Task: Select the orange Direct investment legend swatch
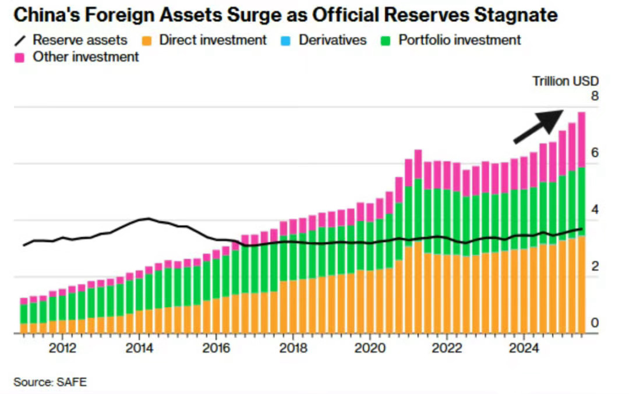pos(149,41)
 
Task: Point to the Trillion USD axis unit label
pos(565,81)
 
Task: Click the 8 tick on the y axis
pos(594,96)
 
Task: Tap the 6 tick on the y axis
pos(594,152)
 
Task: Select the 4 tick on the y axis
pos(594,210)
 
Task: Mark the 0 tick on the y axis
pos(594,323)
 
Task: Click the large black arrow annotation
pos(539,125)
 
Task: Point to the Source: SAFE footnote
pos(50,382)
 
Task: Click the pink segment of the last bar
pos(581,140)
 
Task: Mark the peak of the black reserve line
pos(149,219)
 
